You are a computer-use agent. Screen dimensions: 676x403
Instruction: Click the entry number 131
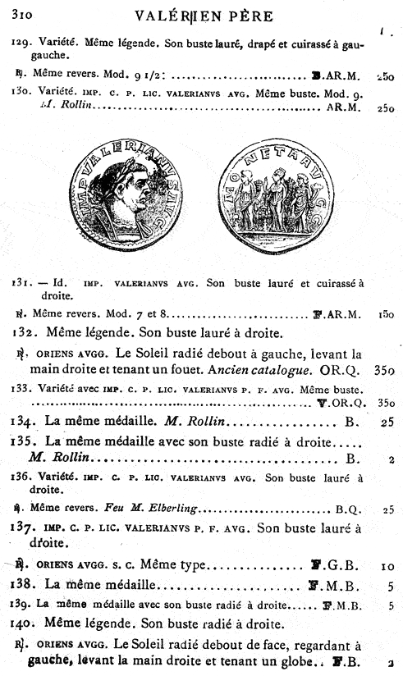pos(21,283)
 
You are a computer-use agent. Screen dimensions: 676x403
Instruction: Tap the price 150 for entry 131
pos(387,313)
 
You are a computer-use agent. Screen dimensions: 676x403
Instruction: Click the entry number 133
pos(21,386)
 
